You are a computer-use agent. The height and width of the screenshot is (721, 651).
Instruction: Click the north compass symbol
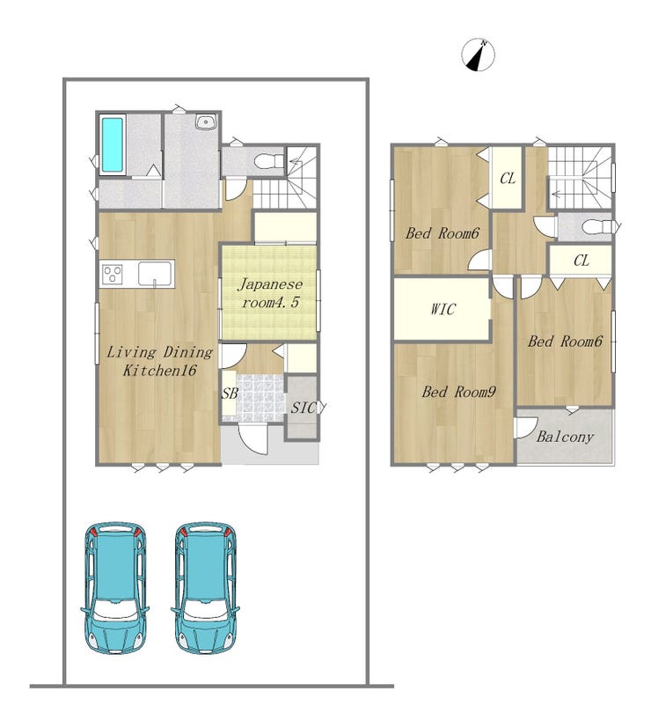[479, 55]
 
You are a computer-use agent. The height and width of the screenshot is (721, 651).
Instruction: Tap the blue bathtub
[112, 145]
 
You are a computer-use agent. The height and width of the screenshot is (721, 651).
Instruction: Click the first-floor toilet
[270, 161]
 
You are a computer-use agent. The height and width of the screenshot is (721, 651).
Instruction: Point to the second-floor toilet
[597, 227]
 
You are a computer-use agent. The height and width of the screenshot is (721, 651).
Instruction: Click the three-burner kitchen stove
[113, 275]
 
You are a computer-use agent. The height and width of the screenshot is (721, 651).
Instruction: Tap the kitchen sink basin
[155, 274]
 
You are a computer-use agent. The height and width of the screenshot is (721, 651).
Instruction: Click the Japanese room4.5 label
[270, 293]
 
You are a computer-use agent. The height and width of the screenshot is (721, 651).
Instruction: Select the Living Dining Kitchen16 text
[159, 361]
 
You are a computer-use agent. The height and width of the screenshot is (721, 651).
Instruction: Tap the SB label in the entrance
[230, 394]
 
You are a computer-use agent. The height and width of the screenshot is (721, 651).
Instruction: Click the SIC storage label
[304, 408]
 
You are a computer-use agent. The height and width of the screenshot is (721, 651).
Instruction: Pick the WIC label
[443, 309]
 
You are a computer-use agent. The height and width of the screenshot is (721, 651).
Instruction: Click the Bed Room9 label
[458, 393]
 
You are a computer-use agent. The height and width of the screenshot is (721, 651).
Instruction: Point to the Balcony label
[565, 437]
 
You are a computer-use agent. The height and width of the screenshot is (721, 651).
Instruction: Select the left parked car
[115, 588]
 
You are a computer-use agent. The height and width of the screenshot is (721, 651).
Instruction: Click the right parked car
[205, 588]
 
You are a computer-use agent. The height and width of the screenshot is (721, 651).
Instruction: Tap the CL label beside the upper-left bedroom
[508, 179]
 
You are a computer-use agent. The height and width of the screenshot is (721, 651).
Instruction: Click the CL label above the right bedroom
[582, 261]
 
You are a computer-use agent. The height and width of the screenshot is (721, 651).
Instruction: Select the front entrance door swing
[252, 439]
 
